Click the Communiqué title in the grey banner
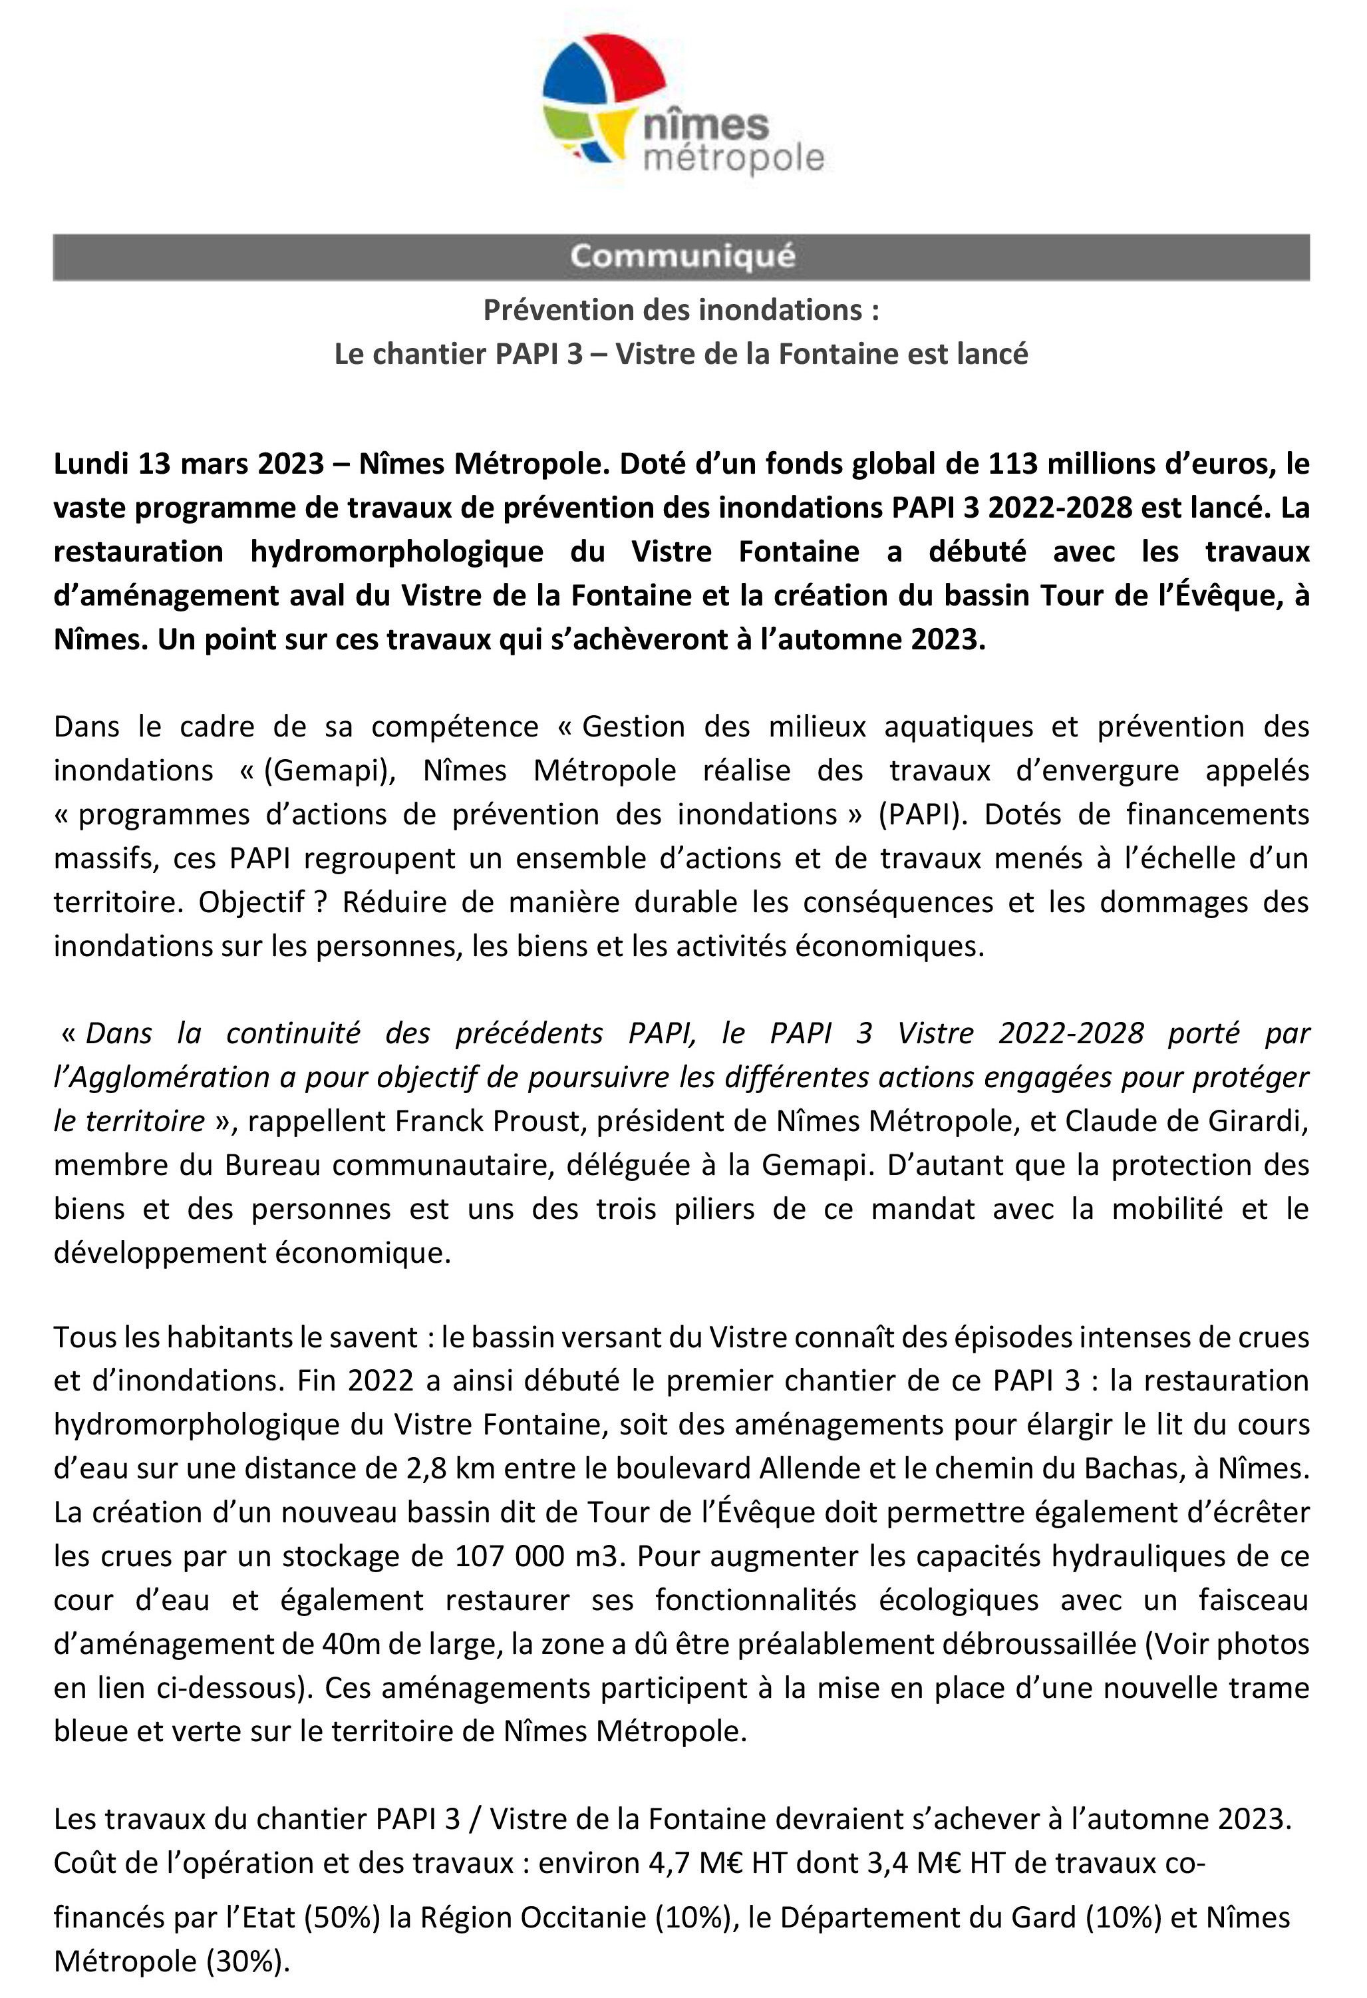(682, 257)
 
